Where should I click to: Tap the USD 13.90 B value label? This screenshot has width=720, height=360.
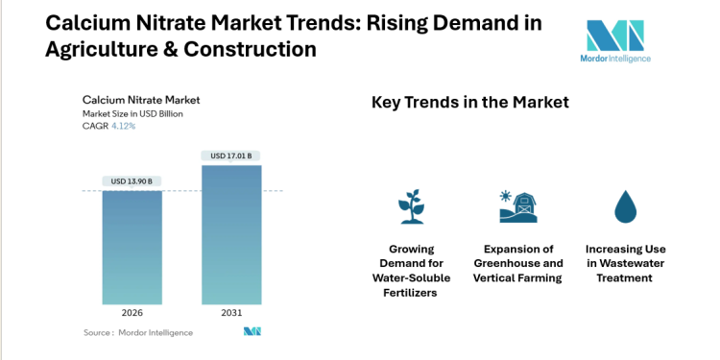(132, 181)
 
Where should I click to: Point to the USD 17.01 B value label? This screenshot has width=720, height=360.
(230, 156)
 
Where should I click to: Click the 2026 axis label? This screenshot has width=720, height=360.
(132, 312)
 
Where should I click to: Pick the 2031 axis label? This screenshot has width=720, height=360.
(230, 312)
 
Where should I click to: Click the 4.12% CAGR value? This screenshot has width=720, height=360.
(124, 126)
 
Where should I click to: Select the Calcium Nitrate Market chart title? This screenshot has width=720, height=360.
(141, 99)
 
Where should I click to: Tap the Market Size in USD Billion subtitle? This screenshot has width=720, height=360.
(132, 113)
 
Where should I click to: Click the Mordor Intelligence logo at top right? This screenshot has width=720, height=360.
(617, 41)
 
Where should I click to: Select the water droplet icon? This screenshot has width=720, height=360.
(625, 204)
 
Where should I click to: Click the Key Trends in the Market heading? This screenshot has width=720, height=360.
(470, 102)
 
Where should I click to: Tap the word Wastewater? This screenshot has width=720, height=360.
(625, 263)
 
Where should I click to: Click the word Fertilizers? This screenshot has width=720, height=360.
(411, 292)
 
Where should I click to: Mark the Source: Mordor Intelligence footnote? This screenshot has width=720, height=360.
(138, 332)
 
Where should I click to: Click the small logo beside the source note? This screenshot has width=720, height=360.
(252, 332)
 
